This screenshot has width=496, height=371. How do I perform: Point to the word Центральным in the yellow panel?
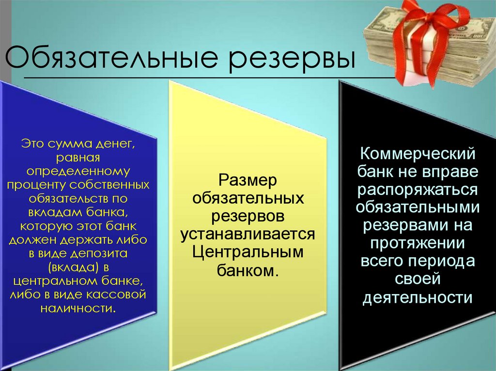click(248, 252)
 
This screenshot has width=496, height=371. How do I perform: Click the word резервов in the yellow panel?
click(248, 216)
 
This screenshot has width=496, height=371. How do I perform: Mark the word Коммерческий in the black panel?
click(418, 155)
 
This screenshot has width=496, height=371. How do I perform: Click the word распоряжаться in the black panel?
click(418, 190)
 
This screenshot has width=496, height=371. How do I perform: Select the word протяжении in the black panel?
click(418, 243)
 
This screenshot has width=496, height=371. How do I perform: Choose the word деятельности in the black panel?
click(418, 297)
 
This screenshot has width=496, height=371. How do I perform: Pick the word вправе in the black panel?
click(446, 173)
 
